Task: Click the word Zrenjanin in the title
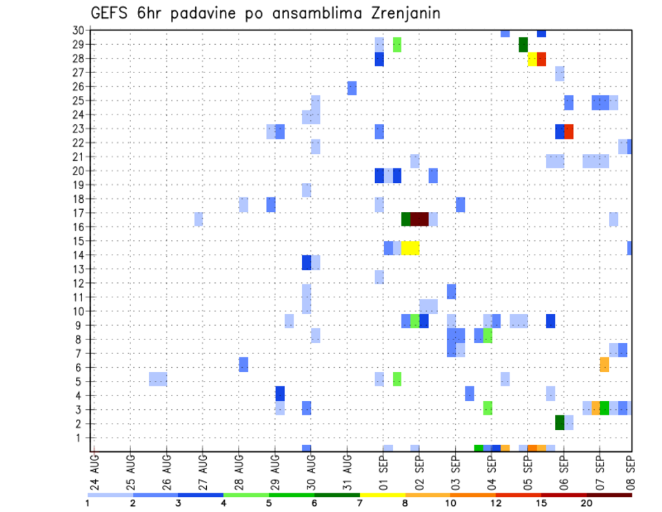[x=401, y=13]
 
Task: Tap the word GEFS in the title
[x=110, y=13]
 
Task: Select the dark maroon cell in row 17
[x=420, y=219]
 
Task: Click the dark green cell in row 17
[x=406, y=219]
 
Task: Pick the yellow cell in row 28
[x=532, y=59]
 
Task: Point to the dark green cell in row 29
[x=523, y=45]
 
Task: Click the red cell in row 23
[x=569, y=131]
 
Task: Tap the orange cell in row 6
[x=604, y=364]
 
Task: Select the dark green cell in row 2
[x=560, y=422]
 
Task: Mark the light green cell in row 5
[x=397, y=379]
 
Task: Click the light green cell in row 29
[x=397, y=45]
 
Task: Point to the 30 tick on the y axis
[x=78, y=30]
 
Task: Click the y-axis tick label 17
[x=78, y=213]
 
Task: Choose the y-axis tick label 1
[x=80, y=437]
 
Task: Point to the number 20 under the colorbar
[x=587, y=504]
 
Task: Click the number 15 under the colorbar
[x=541, y=504]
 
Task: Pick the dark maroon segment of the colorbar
[x=610, y=495]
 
